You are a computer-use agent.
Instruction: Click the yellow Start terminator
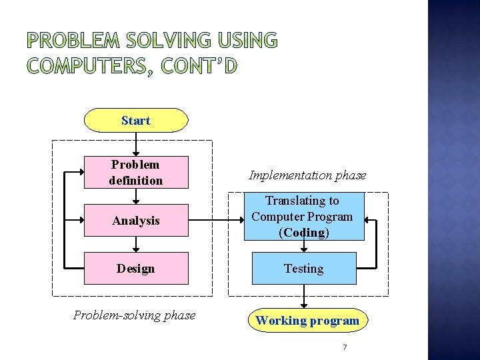click(x=136, y=121)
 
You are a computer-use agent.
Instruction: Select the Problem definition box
click(x=136, y=172)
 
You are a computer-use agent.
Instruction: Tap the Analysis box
click(x=136, y=220)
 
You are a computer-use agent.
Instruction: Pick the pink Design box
click(x=136, y=268)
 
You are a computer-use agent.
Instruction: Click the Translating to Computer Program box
click(x=303, y=216)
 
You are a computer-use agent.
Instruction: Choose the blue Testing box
click(x=303, y=268)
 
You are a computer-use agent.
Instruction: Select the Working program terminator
click(x=307, y=321)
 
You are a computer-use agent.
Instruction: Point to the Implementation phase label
click(x=307, y=175)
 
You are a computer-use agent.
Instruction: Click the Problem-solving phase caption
click(x=135, y=315)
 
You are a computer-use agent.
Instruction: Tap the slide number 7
click(x=345, y=347)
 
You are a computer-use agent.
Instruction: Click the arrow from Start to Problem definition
click(x=136, y=144)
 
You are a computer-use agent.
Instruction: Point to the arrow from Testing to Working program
click(x=303, y=296)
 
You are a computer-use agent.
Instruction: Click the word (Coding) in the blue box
click(x=304, y=233)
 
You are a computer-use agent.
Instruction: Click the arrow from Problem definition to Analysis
click(x=136, y=196)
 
